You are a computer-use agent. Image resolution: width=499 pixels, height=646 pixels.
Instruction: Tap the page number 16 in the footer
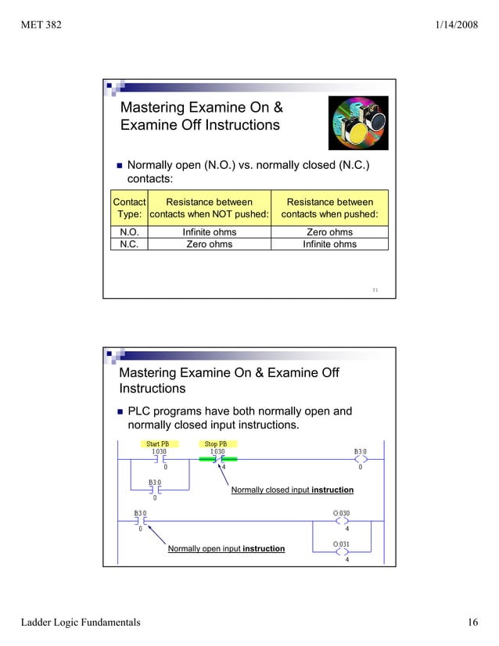(x=472, y=623)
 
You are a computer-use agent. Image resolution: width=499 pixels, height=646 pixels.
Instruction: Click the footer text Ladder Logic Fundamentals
(x=81, y=623)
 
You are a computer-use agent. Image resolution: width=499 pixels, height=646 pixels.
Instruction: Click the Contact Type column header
(x=129, y=208)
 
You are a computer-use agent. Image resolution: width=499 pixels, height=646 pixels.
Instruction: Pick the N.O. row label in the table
(x=129, y=232)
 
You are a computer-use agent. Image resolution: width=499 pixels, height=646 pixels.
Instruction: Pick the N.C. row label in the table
(x=129, y=244)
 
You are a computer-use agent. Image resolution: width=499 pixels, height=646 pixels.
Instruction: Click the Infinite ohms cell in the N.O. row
(x=209, y=232)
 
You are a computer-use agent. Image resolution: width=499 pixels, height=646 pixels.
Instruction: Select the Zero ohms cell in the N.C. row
(x=209, y=244)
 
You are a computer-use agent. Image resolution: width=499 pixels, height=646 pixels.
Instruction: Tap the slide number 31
(x=375, y=290)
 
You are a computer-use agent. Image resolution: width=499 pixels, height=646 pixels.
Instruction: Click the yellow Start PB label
(x=158, y=444)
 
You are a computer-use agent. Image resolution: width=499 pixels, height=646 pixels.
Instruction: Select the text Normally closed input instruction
(x=292, y=490)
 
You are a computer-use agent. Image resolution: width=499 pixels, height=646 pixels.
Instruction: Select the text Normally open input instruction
(x=226, y=549)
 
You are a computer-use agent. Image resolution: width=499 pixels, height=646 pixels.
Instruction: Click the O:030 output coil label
(x=342, y=514)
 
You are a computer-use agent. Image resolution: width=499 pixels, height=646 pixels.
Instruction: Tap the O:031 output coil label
(x=342, y=544)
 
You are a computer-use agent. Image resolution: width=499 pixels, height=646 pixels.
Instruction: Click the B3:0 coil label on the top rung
(x=360, y=451)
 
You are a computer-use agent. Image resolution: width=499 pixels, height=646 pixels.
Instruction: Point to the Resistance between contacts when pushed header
(x=329, y=208)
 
